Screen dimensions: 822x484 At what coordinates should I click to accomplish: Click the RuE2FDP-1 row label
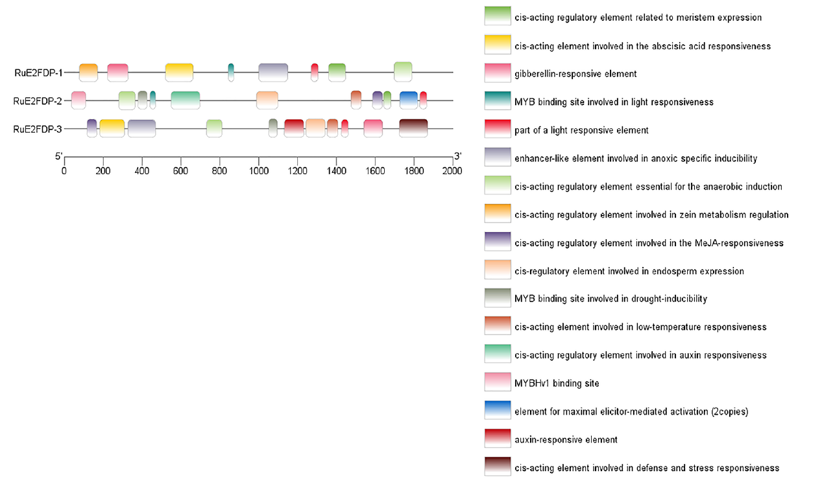pos(38,73)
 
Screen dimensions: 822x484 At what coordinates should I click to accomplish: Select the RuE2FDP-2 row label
pos(38,101)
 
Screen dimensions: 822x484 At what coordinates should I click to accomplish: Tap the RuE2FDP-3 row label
pos(38,129)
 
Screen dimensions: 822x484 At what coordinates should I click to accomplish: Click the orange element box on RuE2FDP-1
pos(88,73)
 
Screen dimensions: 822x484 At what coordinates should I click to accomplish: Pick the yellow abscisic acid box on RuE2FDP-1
pos(179,73)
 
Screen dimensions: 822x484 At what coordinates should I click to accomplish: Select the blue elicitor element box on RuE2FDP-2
pos(409,100)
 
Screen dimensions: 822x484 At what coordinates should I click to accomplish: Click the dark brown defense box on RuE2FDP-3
pos(413,128)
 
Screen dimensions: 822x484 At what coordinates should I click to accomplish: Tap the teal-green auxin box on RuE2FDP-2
pos(186,100)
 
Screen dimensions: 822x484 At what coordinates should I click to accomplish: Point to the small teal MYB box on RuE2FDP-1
pos(231,73)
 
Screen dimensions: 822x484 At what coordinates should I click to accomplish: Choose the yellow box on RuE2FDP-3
pos(112,128)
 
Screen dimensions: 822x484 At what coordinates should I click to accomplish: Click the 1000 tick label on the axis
pos(259,171)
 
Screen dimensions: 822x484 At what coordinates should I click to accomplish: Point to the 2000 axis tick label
pos(452,171)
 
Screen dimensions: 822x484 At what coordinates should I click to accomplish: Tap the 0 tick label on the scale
pos(64,171)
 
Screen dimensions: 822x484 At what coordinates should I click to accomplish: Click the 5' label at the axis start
pos(58,156)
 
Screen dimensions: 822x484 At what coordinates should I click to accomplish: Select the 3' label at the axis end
pos(457,156)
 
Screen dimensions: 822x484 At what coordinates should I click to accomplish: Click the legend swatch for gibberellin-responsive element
pos(498,73)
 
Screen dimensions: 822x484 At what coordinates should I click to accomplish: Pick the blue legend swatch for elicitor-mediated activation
pos(498,410)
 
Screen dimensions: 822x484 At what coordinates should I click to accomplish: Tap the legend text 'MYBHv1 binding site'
pos(557,383)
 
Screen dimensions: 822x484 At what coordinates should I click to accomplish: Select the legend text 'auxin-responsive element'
pos(566,440)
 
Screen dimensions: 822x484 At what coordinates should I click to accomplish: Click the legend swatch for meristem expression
pos(498,16)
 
